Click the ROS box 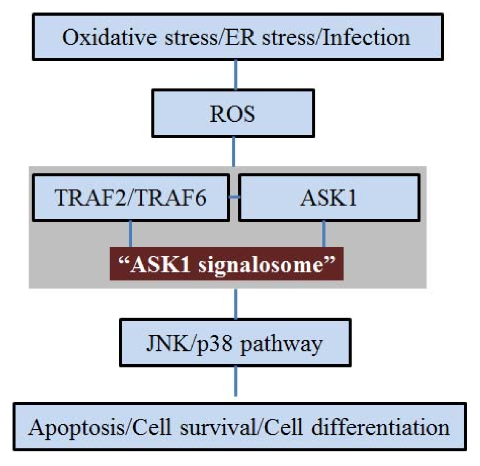(x=233, y=113)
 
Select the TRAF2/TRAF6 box (x=131, y=198)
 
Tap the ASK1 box (x=329, y=198)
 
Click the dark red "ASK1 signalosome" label (x=226, y=264)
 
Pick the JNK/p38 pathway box (x=235, y=343)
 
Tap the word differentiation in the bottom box (x=380, y=427)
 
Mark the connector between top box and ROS (x=236, y=75)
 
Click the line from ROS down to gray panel (x=234, y=152)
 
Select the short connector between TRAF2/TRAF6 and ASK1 (x=234, y=197)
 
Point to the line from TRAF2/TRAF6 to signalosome (x=130, y=234)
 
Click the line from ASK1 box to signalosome (x=324, y=234)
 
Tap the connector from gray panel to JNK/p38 (x=236, y=304)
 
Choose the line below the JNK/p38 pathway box (x=236, y=381)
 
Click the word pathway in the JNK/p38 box (x=281, y=344)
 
